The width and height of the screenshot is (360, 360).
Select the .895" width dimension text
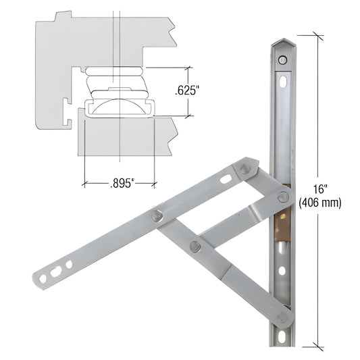120,182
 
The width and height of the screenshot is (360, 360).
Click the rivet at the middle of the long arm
157,215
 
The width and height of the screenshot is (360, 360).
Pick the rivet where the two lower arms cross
195,246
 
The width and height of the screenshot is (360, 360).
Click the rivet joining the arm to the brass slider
283,197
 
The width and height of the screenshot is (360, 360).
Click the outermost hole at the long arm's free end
43,278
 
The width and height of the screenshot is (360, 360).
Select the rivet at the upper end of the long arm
246,167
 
